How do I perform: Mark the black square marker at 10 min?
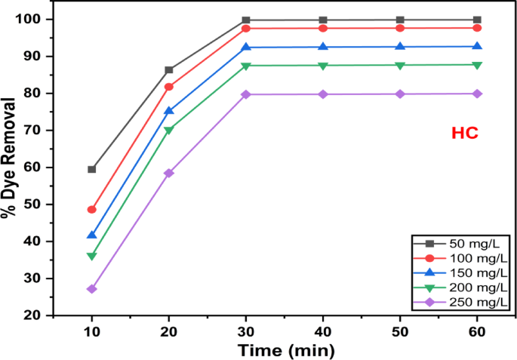[92, 169]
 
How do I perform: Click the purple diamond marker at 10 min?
[92, 289]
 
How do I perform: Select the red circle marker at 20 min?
[169, 87]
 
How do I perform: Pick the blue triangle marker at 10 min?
[92, 235]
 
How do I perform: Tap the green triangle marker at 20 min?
[169, 131]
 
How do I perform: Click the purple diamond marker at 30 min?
[246, 94]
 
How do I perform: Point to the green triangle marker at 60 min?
[477, 65]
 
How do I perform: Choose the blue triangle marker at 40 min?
[323, 47]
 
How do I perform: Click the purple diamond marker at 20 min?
[169, 173]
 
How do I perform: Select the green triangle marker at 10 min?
[92, 257]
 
